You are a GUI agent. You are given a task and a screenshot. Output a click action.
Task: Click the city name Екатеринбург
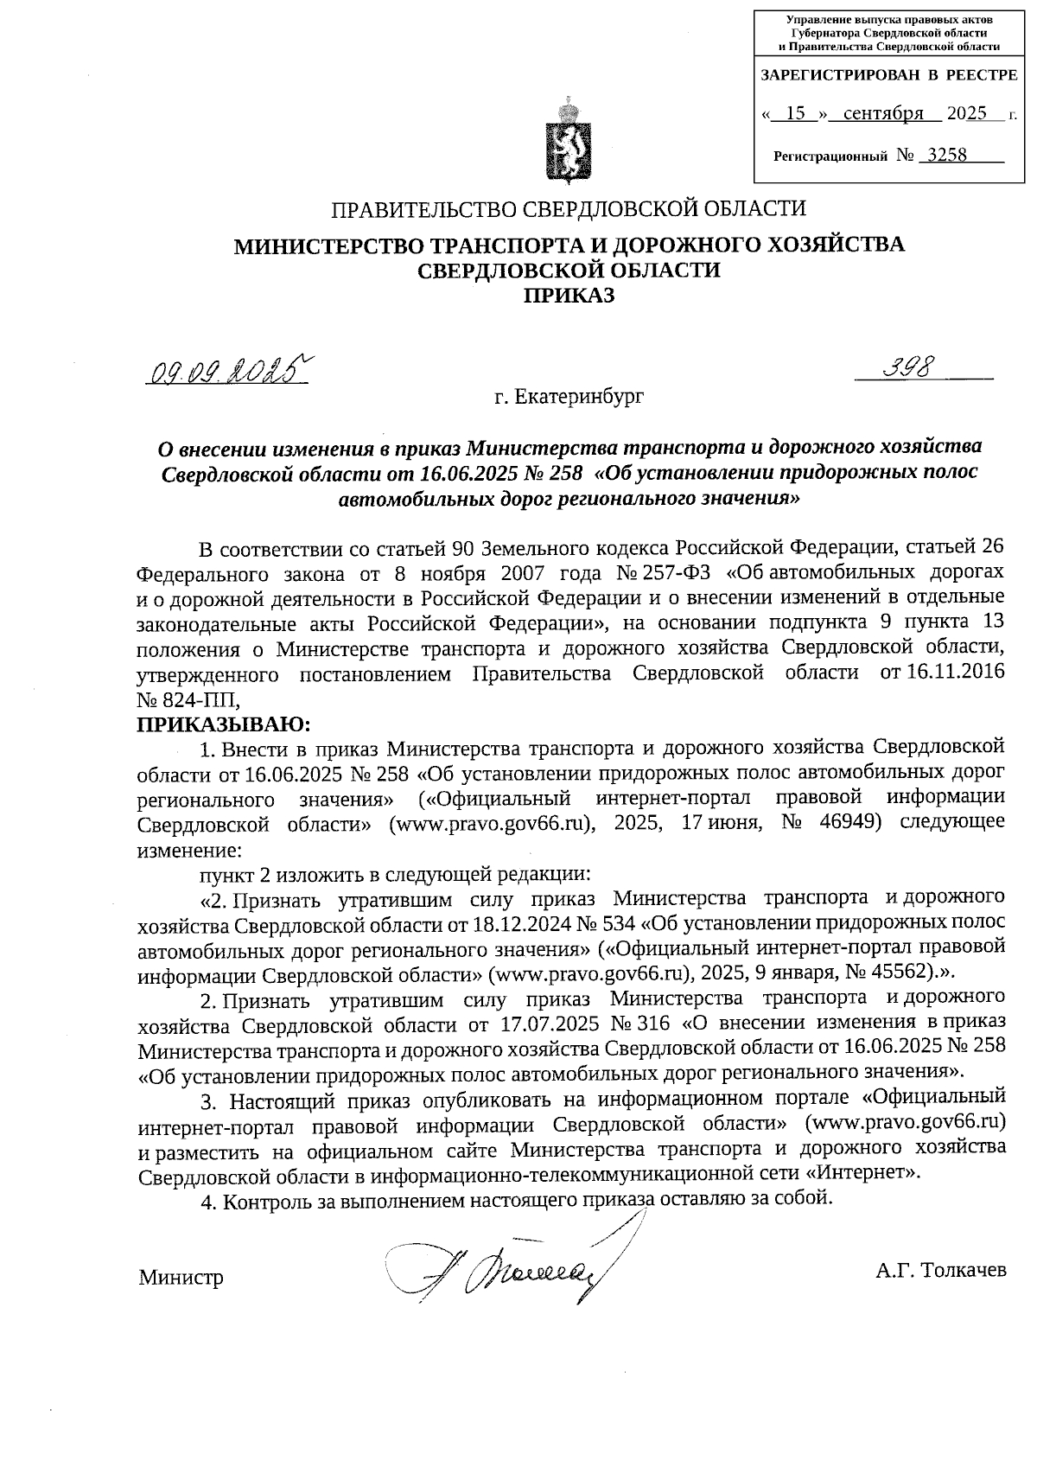(580, 397)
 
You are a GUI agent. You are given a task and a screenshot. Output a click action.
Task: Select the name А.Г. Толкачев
(940, 1271)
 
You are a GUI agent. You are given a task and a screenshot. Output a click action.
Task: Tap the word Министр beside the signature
(181, 1278)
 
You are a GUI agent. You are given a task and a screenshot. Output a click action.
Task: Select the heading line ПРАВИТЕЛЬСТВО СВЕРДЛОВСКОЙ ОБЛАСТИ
(569, 209)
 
